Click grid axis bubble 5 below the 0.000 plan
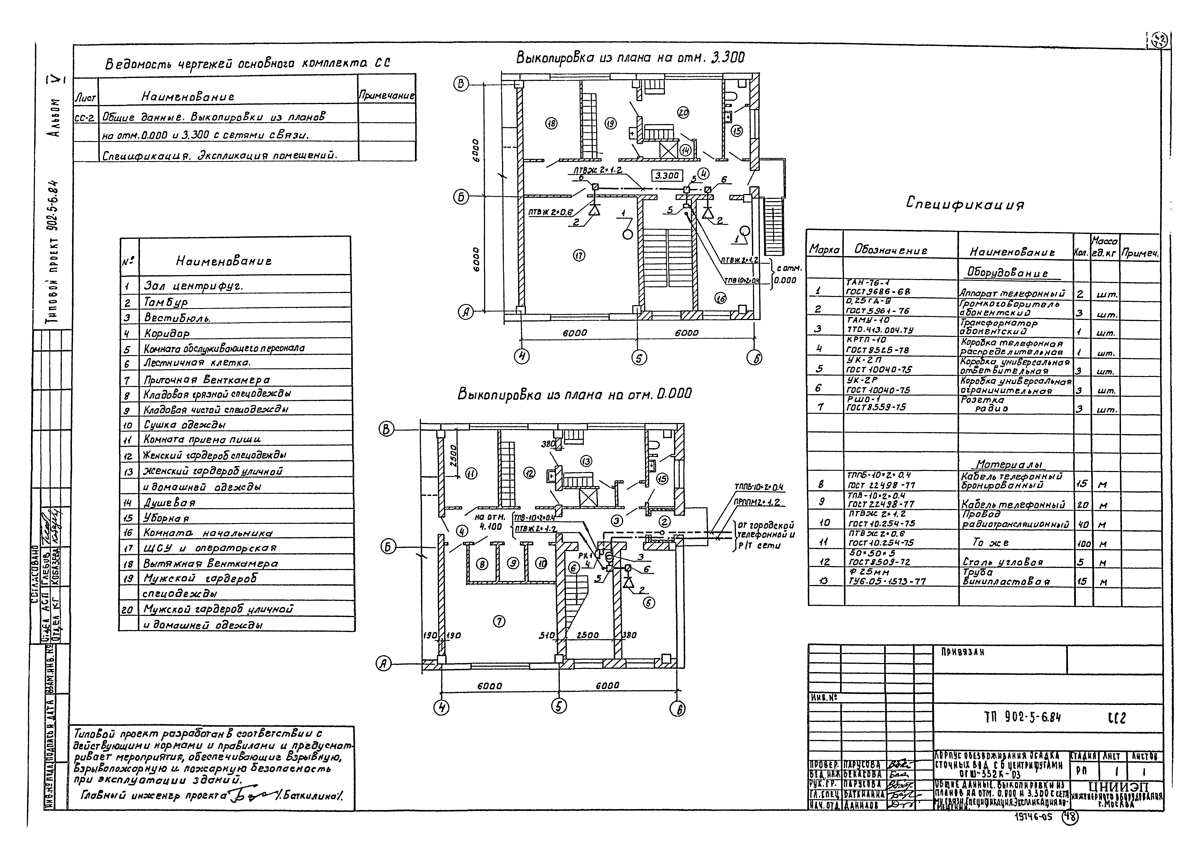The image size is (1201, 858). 559,706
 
